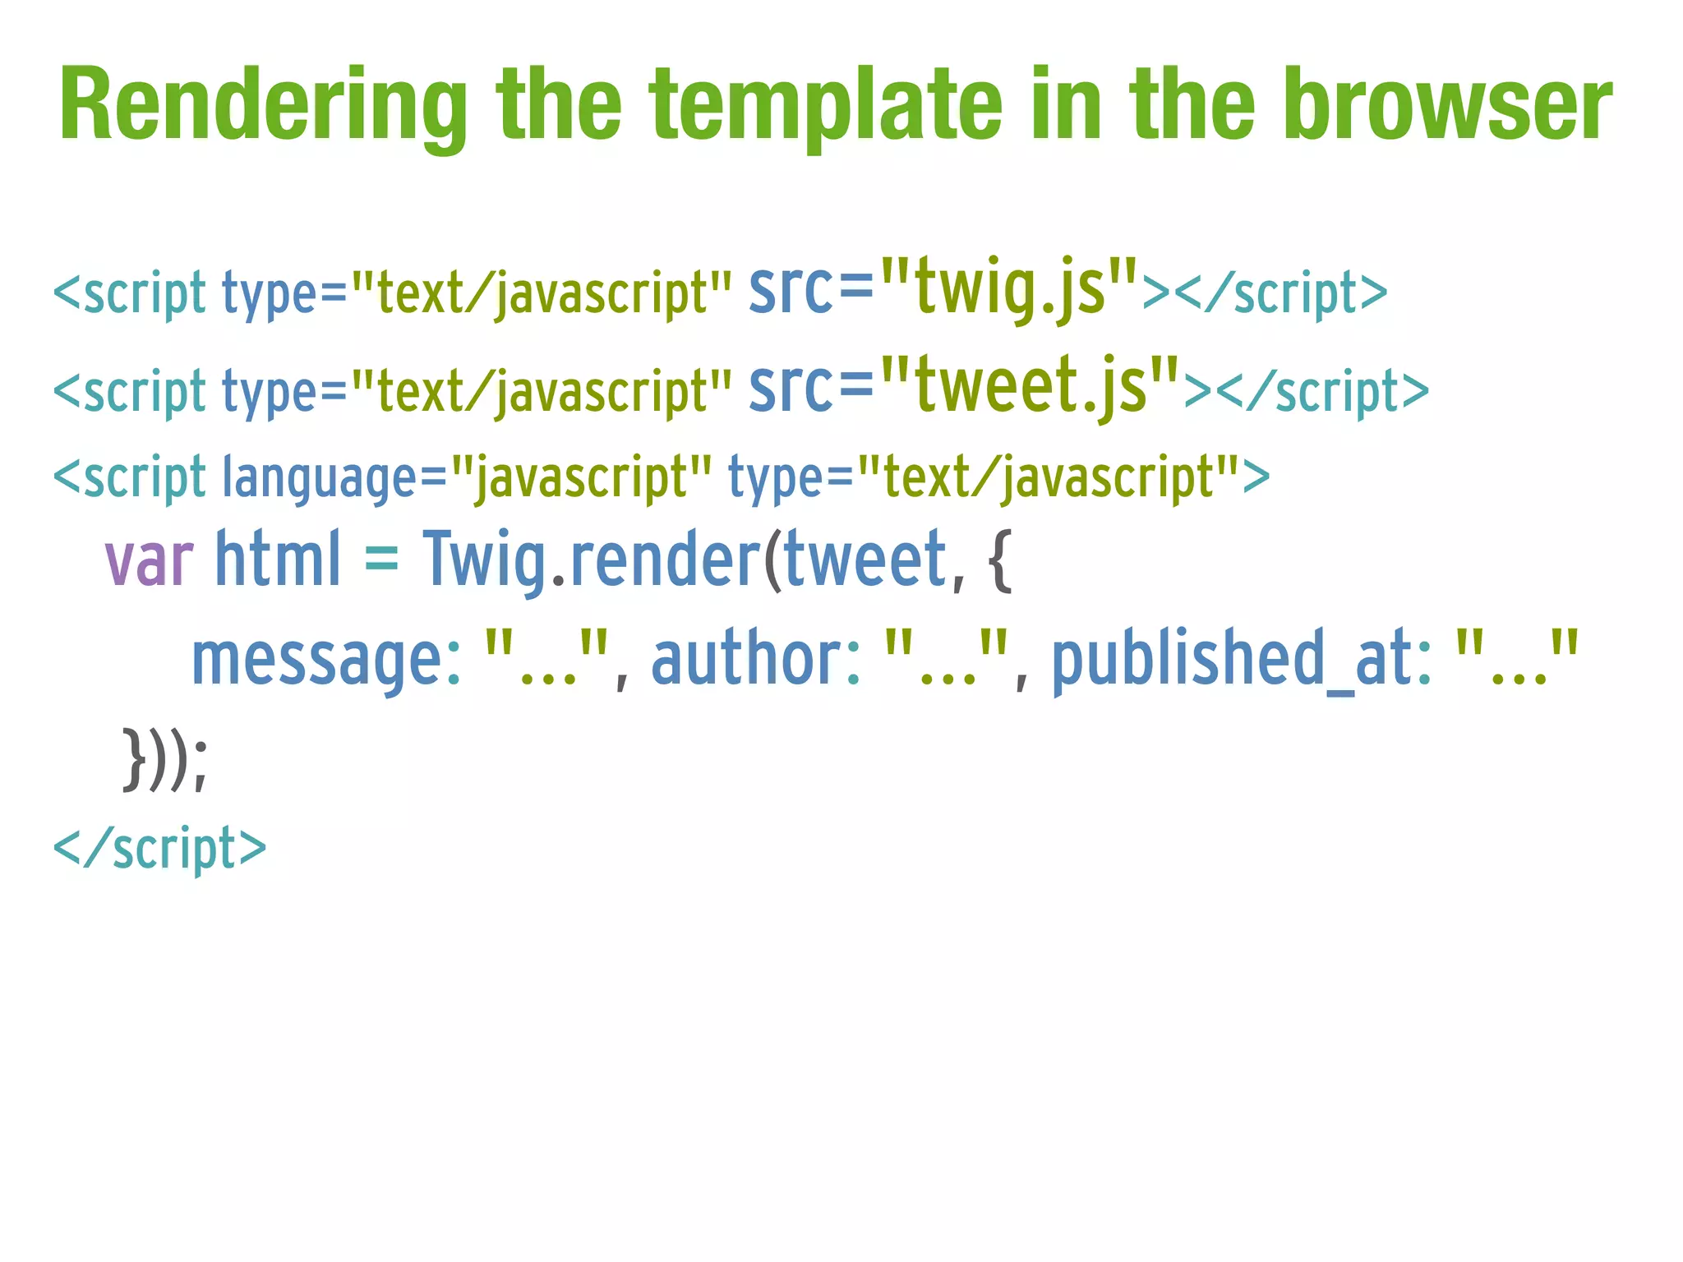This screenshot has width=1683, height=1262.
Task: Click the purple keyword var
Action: [149, 560]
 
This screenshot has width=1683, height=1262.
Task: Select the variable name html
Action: [277, 560]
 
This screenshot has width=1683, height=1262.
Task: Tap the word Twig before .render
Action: [484, 560]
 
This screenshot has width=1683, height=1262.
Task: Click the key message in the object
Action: [317, 659]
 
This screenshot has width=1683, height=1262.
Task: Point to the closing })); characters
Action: [165, 759]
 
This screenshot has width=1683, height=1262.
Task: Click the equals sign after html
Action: [381, 560]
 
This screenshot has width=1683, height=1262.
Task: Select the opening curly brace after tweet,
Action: [999, 560]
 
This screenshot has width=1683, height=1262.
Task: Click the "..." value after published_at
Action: [1517, 659]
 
